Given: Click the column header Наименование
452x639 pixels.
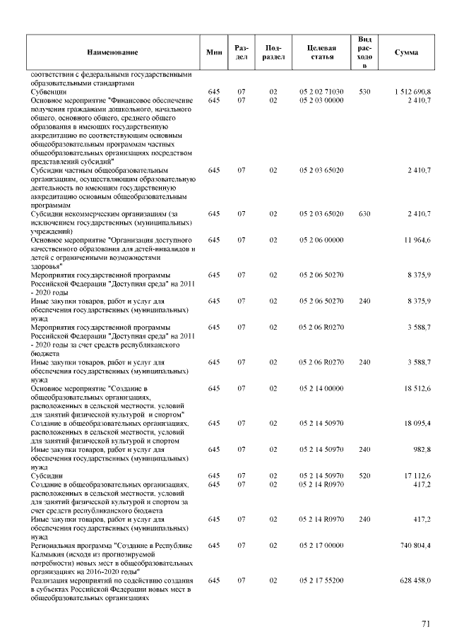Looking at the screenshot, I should (x=113, y=52).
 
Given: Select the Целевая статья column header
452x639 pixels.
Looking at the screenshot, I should (x=321, y=52).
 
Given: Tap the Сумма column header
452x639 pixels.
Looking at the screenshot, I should (x=406, y=52).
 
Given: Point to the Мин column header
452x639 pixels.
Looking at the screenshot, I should (x=214, y=52).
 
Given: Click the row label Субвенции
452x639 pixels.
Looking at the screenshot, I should (x=49, y=92).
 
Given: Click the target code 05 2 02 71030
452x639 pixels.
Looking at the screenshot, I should (x=321, y=92).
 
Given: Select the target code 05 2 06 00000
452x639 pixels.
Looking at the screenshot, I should (x=321, y=240).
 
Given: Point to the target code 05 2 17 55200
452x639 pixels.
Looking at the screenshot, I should (x=321, y=580).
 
